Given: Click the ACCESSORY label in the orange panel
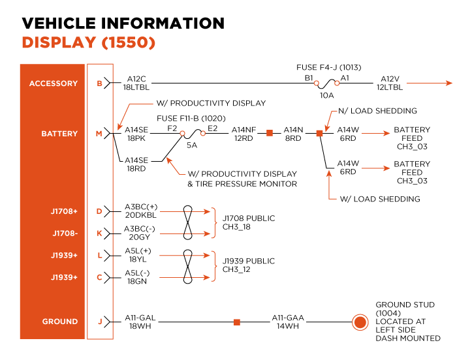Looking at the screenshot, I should [53, 83].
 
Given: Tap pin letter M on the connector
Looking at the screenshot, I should [99, 134].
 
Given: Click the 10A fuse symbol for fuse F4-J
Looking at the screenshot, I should [326, 83].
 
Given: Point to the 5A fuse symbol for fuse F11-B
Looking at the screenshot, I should [193, 133].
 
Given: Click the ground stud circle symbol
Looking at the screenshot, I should [359, 322].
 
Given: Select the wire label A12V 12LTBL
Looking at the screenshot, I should [389, 83].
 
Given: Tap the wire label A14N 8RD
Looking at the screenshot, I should [293, 134].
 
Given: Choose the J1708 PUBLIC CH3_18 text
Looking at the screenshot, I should [249, 222].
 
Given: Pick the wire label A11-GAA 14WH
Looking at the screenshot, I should [288, 322].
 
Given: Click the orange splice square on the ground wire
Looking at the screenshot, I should [236, 322].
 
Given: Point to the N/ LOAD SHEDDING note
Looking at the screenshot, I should [377, 111].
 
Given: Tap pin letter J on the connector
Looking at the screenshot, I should [99, 322].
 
